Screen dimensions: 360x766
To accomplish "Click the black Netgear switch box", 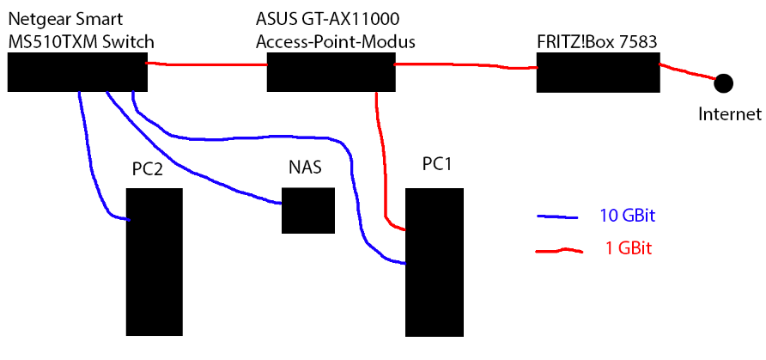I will pyautogui.click(x=77, y=71).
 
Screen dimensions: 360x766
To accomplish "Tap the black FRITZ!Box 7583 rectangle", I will pyautogui.click(x=598, y=71).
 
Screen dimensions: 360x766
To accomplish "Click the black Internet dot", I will pyautogui.click(x=724, y=82).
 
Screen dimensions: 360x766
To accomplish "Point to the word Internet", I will pyautogui.click(x=729, y=113).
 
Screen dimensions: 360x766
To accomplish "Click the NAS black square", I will pyautogui.click(x=307, y=211).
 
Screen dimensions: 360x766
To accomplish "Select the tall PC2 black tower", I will pyautogui.click(x=155, y=261).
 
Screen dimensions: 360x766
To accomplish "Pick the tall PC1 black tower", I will pyautogui.click(x=435, y=261).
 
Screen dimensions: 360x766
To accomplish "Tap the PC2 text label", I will pyautogui.click(x=148, y=169).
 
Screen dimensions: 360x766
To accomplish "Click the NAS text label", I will pyautogui.click(x=305, y=167).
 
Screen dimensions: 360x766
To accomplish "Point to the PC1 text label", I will pyautogui.click(x=437, y=163).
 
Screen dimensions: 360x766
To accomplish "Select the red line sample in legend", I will pyautogui.click(x=559, y=251).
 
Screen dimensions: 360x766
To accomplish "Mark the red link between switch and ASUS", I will pyautogui.click(x=206, y=64).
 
